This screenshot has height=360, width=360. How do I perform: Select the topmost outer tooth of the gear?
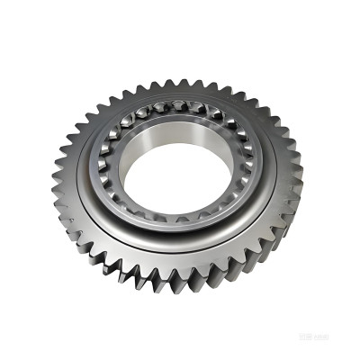(x=184, y=82)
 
